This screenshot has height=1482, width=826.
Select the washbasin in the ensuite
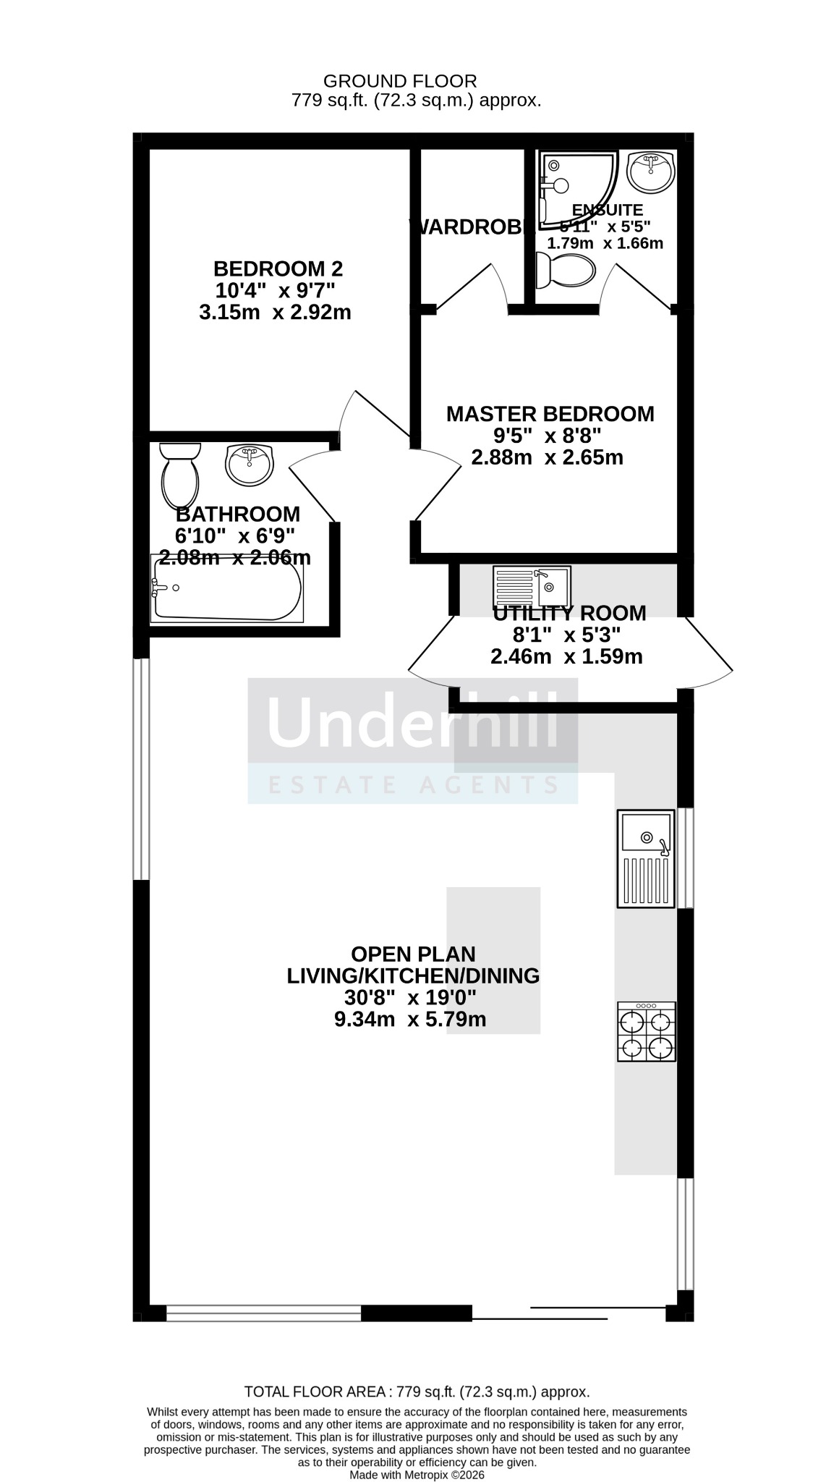(651, 172)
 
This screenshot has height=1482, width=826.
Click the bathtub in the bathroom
(226, 588)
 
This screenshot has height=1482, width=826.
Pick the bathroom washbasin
(250, 465)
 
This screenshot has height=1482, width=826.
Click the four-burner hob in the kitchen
(646, 1032)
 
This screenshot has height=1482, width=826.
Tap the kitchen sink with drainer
(646, 858)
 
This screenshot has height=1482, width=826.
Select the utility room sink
(532, 586)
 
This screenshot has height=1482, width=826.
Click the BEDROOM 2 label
(278, 269)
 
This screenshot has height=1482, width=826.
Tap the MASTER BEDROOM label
(550, 415)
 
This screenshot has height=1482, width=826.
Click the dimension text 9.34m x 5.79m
(409, 1020)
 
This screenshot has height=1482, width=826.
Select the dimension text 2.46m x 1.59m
(566, 657)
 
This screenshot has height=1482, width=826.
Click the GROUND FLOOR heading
(399, 81)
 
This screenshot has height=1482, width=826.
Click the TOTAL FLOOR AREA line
(417, 1392)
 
